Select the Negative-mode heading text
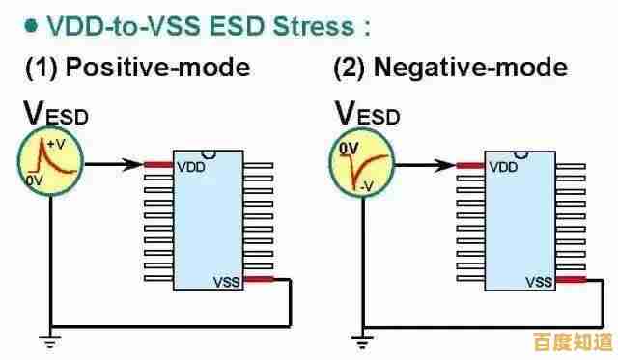(x=450, y=69)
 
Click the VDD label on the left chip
(x=190, y=166)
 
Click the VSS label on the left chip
(x=226, y=282)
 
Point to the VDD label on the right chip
(x=503, y=167)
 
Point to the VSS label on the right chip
(x=539, y=283)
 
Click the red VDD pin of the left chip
(x=158, y=165)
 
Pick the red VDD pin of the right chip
(x=470, y=166)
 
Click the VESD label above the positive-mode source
(x=54, y=113)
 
